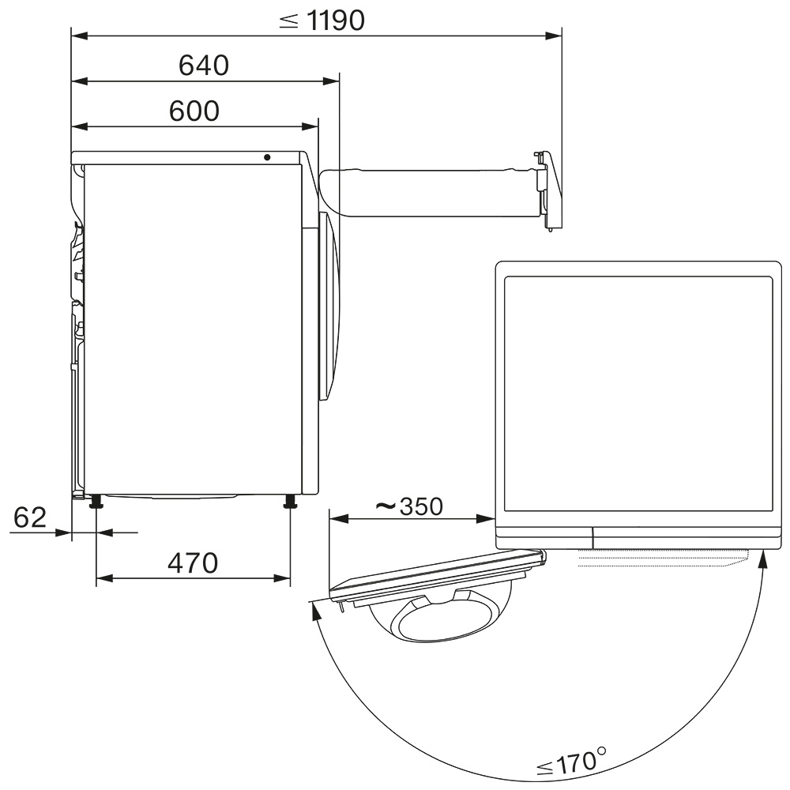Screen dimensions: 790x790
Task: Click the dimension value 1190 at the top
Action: click(x=335, y=21)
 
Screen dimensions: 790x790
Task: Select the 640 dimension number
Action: click(x=204, y=66)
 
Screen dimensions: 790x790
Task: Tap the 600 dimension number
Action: click(x=194, y=111)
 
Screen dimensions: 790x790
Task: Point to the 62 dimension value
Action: click(x=30, y=517)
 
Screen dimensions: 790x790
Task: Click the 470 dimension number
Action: click(x=193, y=563)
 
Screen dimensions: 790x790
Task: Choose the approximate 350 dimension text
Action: click(x=409, y=506)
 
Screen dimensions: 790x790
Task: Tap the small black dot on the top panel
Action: click(x=267, y=157)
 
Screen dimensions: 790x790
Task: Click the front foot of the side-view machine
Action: click(x=290, y=502)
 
